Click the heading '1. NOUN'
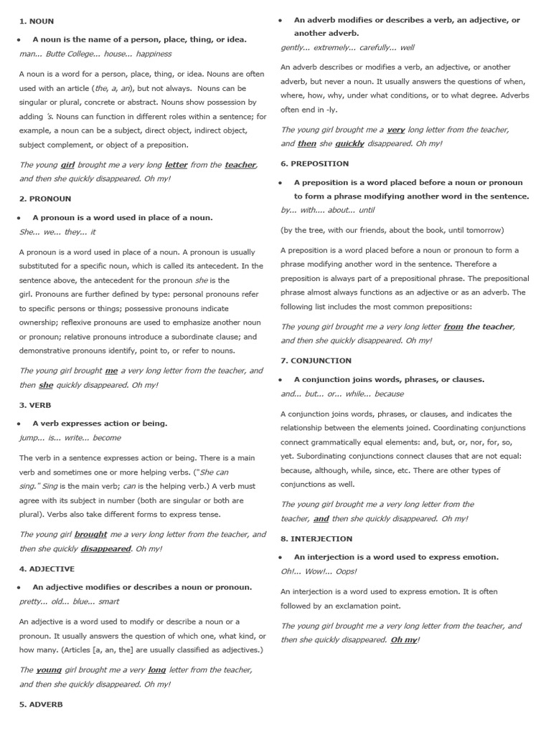[37, 22]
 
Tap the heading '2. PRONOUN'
[45, 199]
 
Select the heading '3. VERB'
[35, 405]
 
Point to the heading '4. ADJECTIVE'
[47, 568]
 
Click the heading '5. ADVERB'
[41, 704]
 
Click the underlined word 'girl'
[68, 164]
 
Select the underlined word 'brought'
[90, 534]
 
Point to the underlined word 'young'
[49, 669]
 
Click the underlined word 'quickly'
[349, 143]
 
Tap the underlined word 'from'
[453, 326]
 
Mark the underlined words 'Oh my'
[403, 639]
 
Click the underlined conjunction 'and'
[321, 518]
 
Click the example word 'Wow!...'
[316, 571]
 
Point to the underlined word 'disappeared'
[105, 548]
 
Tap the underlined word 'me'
[111, 371]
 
